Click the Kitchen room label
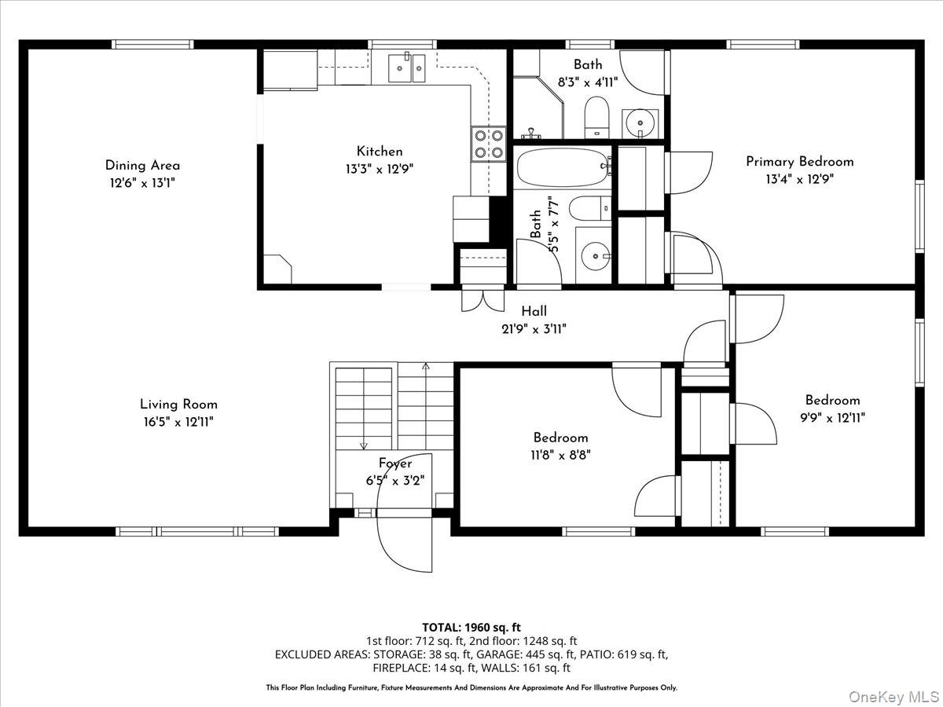pos(380,152)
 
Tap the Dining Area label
pos(142,165)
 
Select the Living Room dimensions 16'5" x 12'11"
pos(178,422)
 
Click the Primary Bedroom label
pos(799,161)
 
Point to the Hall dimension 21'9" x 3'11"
pos(534,329)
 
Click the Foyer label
pos(394,463)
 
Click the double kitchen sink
pos(408,68)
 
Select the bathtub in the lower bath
pos(563,166)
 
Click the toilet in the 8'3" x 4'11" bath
pos(597,116)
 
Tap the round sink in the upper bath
pos(640,123)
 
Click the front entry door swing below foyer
pos(405,542)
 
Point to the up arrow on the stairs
pos(426,367)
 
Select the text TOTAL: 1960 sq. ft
pos(472,627)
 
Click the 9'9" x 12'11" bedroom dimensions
pos(832,418)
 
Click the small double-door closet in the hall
pos(482,299)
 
